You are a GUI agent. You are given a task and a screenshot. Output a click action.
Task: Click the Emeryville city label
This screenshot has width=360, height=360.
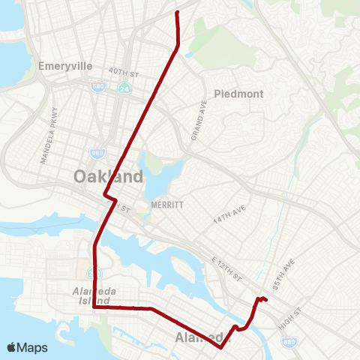point(65,66)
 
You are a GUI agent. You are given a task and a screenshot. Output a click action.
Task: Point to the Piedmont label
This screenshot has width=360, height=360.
point(238,94)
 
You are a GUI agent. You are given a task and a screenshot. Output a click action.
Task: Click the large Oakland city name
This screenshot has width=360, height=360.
point(108,177)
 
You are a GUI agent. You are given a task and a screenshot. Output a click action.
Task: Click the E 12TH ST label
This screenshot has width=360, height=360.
point(227,268)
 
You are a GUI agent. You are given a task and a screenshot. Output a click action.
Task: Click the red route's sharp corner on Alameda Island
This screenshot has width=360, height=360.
point(93,307)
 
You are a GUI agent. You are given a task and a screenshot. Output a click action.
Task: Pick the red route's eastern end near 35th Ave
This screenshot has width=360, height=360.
point(266,301)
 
